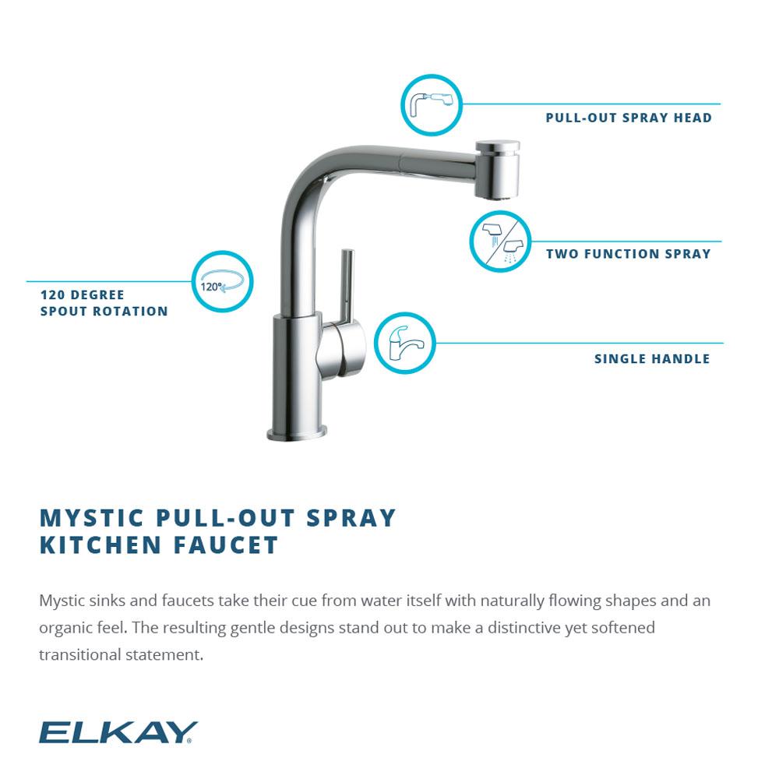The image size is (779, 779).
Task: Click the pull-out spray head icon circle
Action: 432,104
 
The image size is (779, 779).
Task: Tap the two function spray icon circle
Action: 499,241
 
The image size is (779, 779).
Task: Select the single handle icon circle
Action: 404,343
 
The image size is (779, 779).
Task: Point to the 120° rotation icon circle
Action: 222,281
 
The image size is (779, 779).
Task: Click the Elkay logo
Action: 118,732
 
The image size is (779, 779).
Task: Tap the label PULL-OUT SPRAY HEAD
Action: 629,118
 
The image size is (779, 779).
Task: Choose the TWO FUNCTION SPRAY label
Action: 628,254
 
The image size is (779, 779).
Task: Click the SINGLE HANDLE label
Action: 652,359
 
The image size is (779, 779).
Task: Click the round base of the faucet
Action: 297,432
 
